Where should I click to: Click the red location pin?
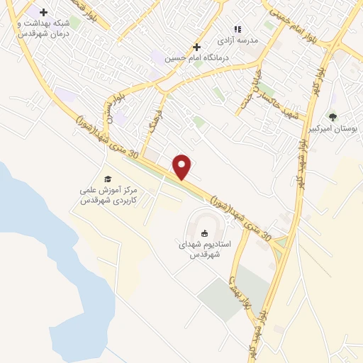point(183,167)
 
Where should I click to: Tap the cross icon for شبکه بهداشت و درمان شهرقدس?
point(44,12)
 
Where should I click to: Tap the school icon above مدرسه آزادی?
point(238,29)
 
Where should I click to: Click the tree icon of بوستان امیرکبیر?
point(333,117)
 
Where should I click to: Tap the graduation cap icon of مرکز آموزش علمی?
point(108,179)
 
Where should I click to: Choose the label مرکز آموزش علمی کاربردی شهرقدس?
point(108,196)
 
